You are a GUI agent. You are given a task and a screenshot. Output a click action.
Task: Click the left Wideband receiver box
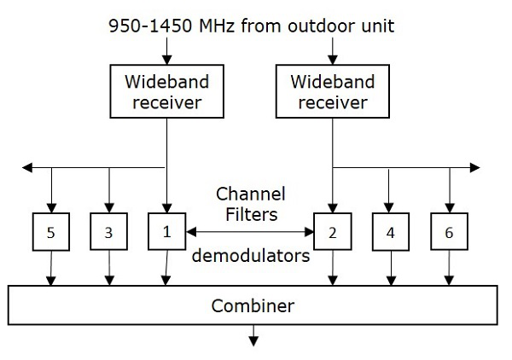coord(165,93)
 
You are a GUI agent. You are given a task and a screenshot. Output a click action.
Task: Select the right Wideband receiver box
coord(329,93)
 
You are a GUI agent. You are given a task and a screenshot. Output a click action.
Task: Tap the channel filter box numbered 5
coord(51,233)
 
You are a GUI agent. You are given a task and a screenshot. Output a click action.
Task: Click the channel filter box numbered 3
coord(108,233)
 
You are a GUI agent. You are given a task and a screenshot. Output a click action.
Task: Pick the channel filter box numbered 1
coord(166,231)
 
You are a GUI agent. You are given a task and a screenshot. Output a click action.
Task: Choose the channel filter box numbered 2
coord(333,233)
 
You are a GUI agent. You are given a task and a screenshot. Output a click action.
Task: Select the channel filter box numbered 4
coord(391,233)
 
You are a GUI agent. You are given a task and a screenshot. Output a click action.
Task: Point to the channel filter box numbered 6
coord(449,233)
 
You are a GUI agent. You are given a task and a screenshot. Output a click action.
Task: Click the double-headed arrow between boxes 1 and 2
coord(249,231)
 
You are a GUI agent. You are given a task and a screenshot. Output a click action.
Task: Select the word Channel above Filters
coord(250,193)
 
